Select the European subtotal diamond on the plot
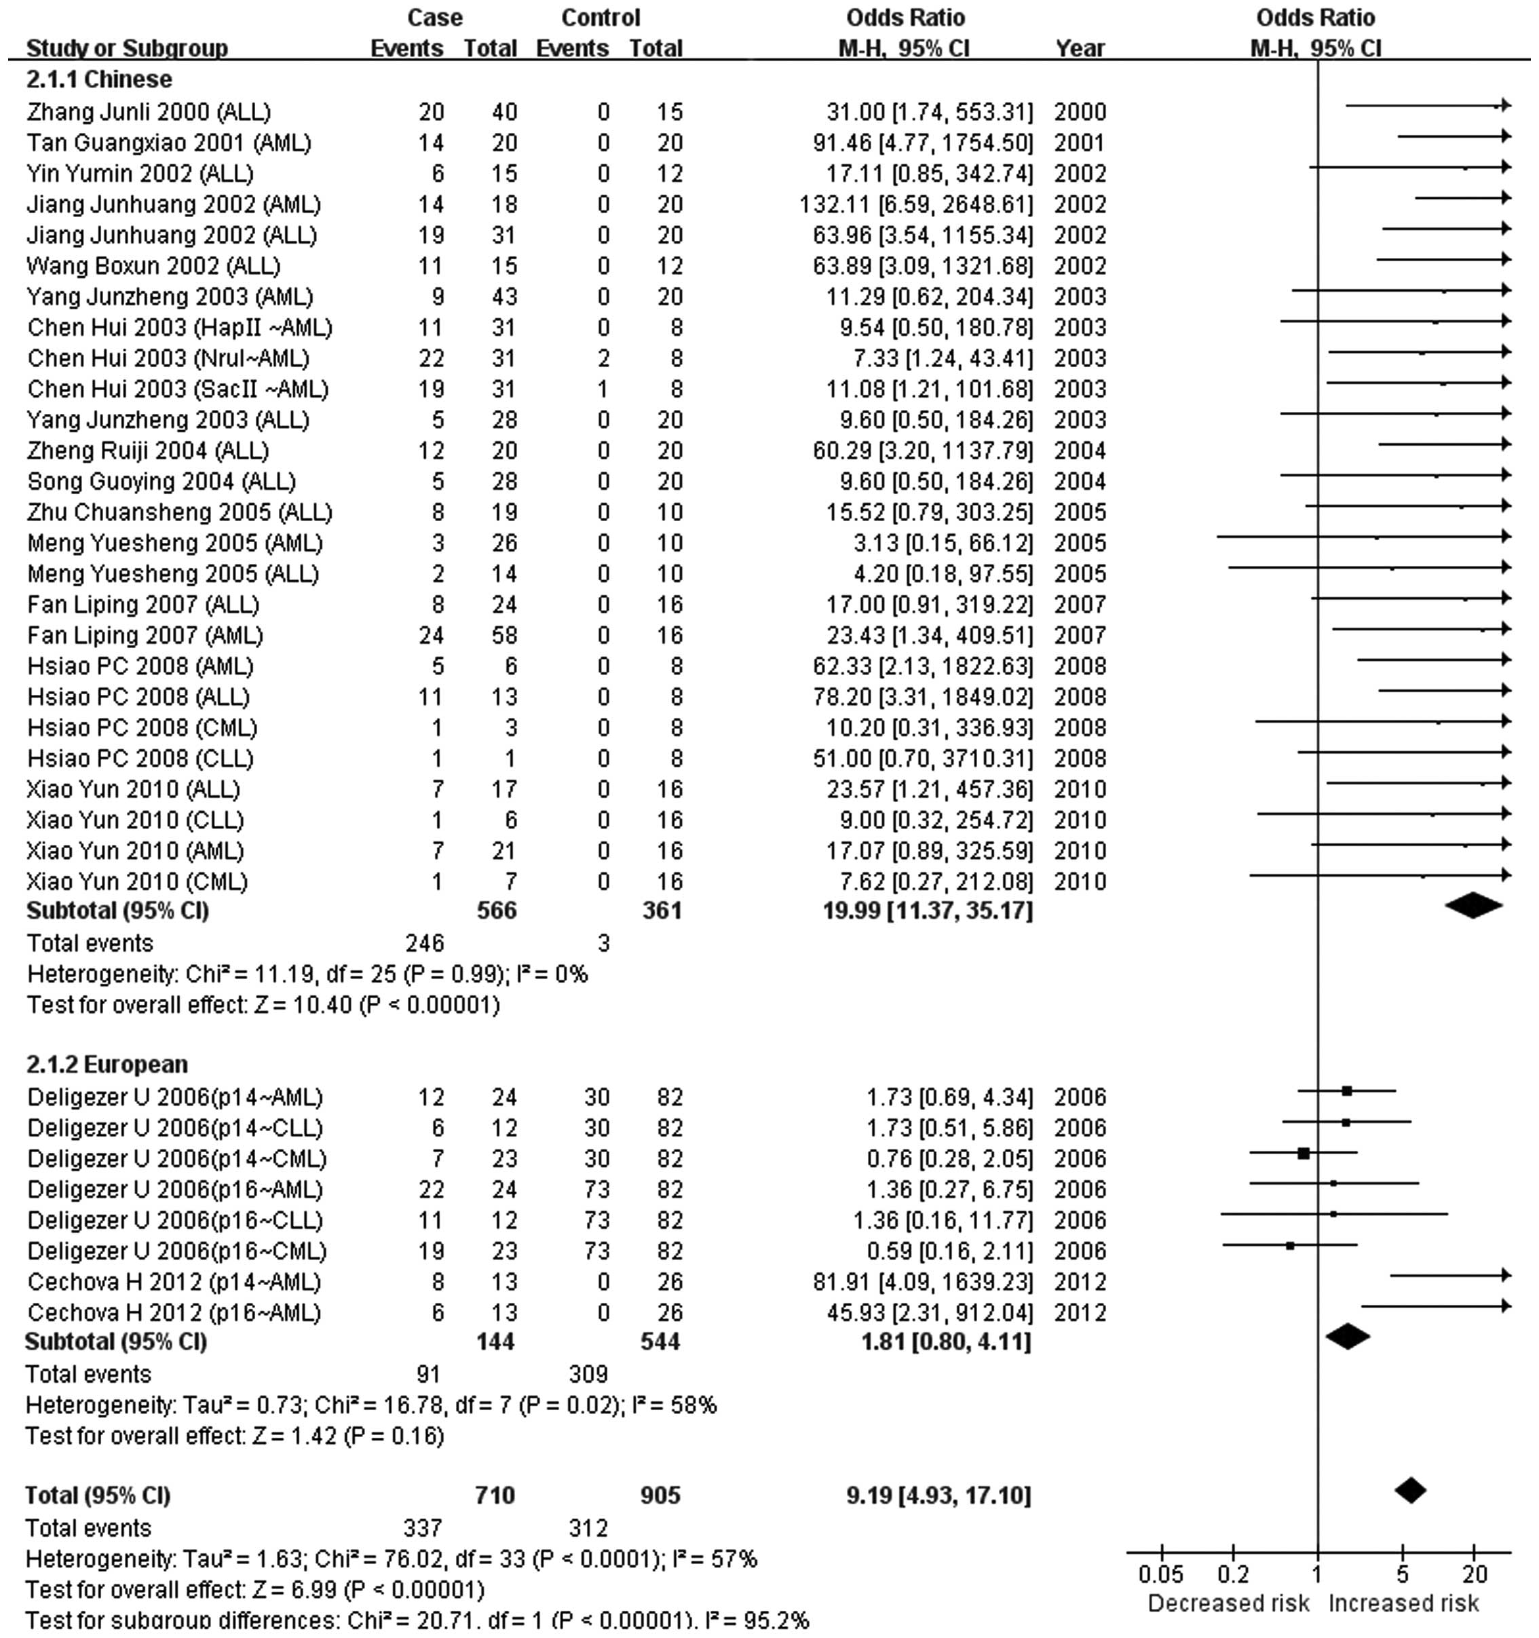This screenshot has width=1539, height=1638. (1348, 1337)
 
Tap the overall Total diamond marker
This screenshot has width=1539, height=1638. (1411, 1489)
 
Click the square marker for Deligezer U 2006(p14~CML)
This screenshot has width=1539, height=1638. (1304, 1154)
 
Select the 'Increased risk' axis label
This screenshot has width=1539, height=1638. (1404, 1603)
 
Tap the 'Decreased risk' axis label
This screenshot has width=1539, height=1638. (1228, 1603)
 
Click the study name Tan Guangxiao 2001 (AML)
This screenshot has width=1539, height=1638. (169, 142)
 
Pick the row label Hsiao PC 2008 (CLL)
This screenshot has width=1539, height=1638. (140, 758)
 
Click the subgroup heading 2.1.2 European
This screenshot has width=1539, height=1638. (107, 1065)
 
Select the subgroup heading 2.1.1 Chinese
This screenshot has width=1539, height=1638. (99, 79)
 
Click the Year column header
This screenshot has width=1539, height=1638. (1080, 49)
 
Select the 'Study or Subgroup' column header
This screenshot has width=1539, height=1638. (127, 49)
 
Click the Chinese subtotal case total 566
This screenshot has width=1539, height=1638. (497, 911)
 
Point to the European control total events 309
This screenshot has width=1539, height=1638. (588, 1374)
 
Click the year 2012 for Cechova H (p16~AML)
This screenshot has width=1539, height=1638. (1080, 1312)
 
